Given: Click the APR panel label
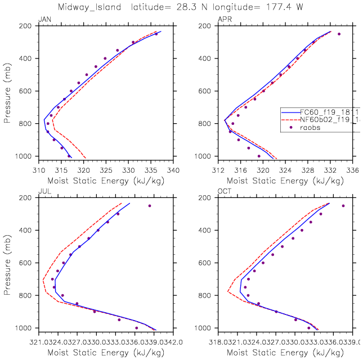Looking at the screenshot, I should [x=225, y=21].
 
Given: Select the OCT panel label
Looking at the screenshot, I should [x=225, y=192].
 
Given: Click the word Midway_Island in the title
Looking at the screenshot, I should [x=128, y=7].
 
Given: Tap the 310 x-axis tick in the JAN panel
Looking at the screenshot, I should [x=38, y=169].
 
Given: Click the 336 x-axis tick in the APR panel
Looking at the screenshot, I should [x=353, y=169].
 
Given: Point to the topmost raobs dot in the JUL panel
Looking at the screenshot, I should [x=150, y=206].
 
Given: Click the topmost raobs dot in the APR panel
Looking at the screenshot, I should [x=339, y=34].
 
